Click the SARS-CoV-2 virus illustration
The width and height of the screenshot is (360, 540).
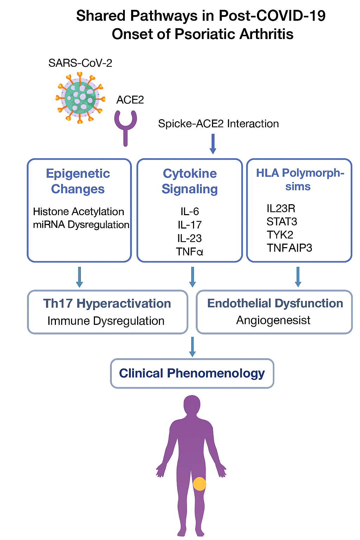(81, 97)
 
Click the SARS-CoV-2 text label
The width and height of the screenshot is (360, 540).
(80, 63)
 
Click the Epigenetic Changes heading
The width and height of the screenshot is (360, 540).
(78, 181)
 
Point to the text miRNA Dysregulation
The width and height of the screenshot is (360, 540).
(81, 225)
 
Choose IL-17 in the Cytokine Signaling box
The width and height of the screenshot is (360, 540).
(189, 225)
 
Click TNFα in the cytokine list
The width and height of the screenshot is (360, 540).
(189, 252)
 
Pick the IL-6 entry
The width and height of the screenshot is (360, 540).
(189, 211)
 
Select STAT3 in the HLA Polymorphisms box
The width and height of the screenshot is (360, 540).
(282, 221)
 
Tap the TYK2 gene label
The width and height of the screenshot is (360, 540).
(280, 234)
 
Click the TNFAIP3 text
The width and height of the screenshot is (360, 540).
(289, 248)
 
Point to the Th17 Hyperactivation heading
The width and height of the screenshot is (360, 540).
(107, 303)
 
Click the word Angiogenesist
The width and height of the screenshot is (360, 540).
(273, 320)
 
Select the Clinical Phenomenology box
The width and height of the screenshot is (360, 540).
(192, 373)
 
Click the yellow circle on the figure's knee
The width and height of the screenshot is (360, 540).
(199, 484)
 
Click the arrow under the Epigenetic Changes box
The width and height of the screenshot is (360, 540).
(79, 277)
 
